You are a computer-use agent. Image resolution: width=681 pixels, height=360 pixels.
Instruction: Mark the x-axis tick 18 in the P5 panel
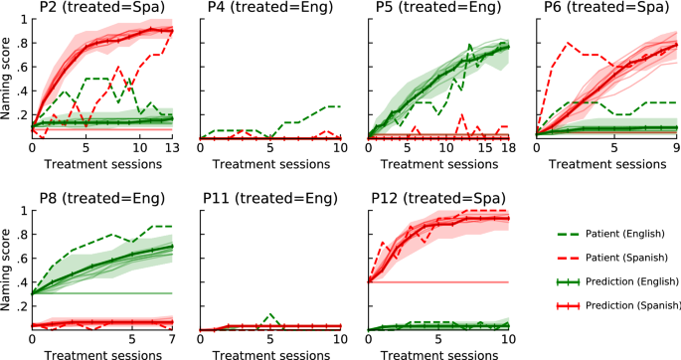(507, 149)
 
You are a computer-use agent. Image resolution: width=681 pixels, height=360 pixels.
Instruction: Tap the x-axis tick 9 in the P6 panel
(675, 149)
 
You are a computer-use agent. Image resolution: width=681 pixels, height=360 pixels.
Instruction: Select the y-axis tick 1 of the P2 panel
(23, 20)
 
